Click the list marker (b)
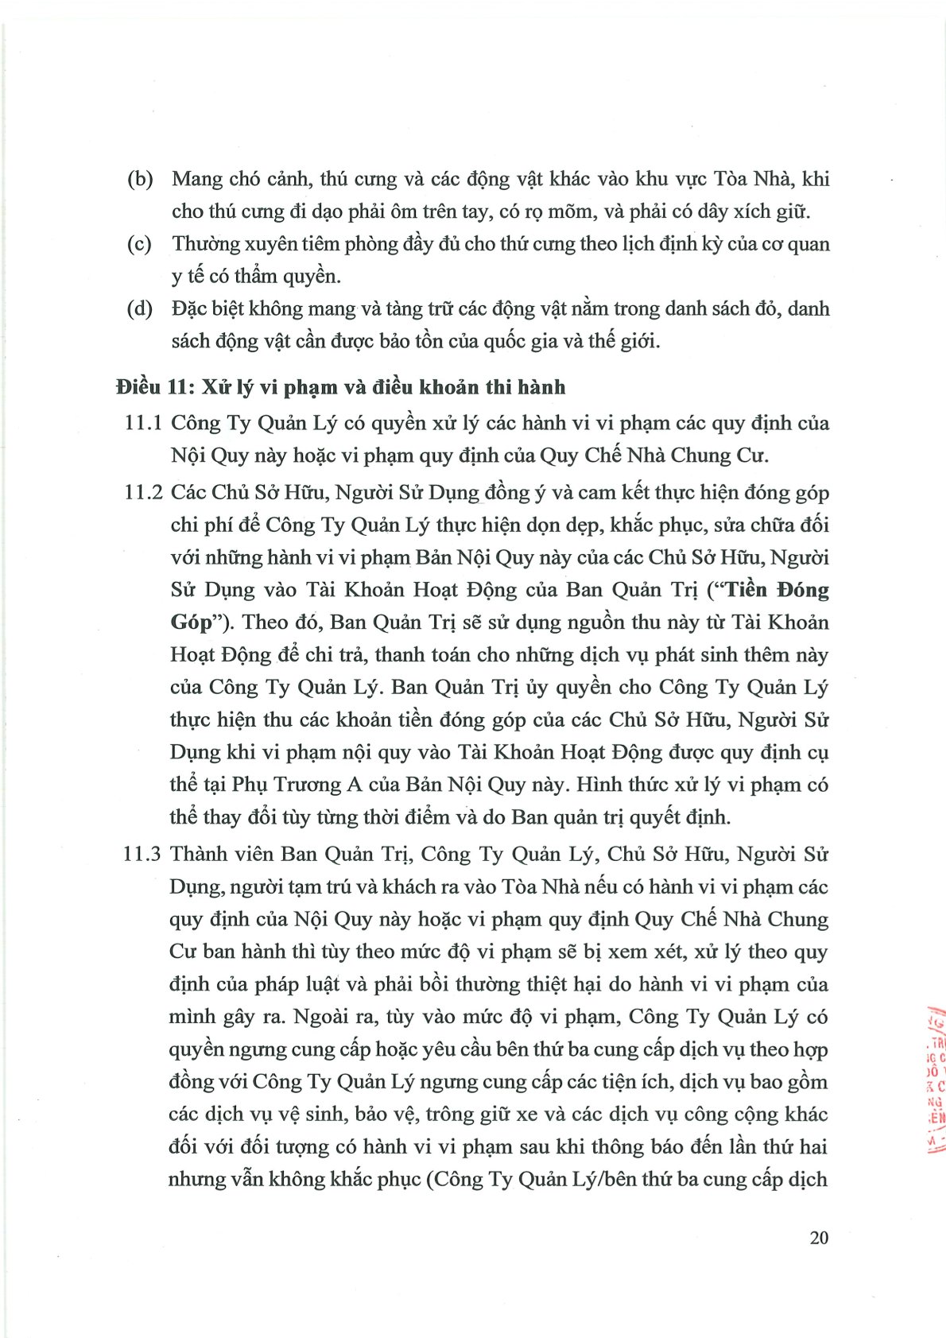(140, 180)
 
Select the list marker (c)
(139, 244)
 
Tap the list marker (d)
(140, 309)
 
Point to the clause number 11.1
(143, 423)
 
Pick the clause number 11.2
(143, 493)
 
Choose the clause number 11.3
(143, 855)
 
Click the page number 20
(819, 1238)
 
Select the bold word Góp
(192, 622)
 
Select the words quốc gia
(489, 342)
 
